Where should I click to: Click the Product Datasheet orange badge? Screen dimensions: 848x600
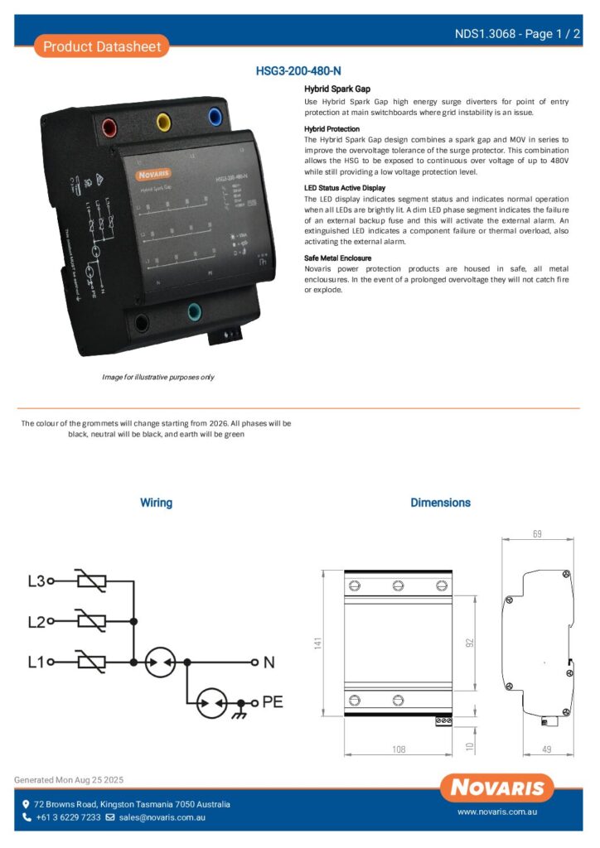click(101, 46)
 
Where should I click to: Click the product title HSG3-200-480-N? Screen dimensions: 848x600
click(298, 71)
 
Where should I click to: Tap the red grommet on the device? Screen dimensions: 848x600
click(109, 128)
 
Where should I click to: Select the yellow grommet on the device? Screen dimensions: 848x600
click(163, 123)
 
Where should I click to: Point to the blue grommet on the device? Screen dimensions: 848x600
click(215, 116)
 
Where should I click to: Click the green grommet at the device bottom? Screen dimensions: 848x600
click(195, 312)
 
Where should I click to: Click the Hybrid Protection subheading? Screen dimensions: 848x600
click(331, 129)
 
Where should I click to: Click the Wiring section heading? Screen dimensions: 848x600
click(156, 503)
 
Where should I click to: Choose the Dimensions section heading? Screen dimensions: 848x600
click(440, 503)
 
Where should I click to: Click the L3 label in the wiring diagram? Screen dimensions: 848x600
click(36, 581)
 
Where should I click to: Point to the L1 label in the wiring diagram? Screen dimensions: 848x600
click(36, 662)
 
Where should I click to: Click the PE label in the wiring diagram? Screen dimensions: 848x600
click(273, 702)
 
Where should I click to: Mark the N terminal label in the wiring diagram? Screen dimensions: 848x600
click(269, 662)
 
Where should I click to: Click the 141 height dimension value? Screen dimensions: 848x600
click(318, 643)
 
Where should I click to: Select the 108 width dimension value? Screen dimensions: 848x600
click(398, 749)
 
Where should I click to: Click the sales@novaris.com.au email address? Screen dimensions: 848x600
click(161, 817)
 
